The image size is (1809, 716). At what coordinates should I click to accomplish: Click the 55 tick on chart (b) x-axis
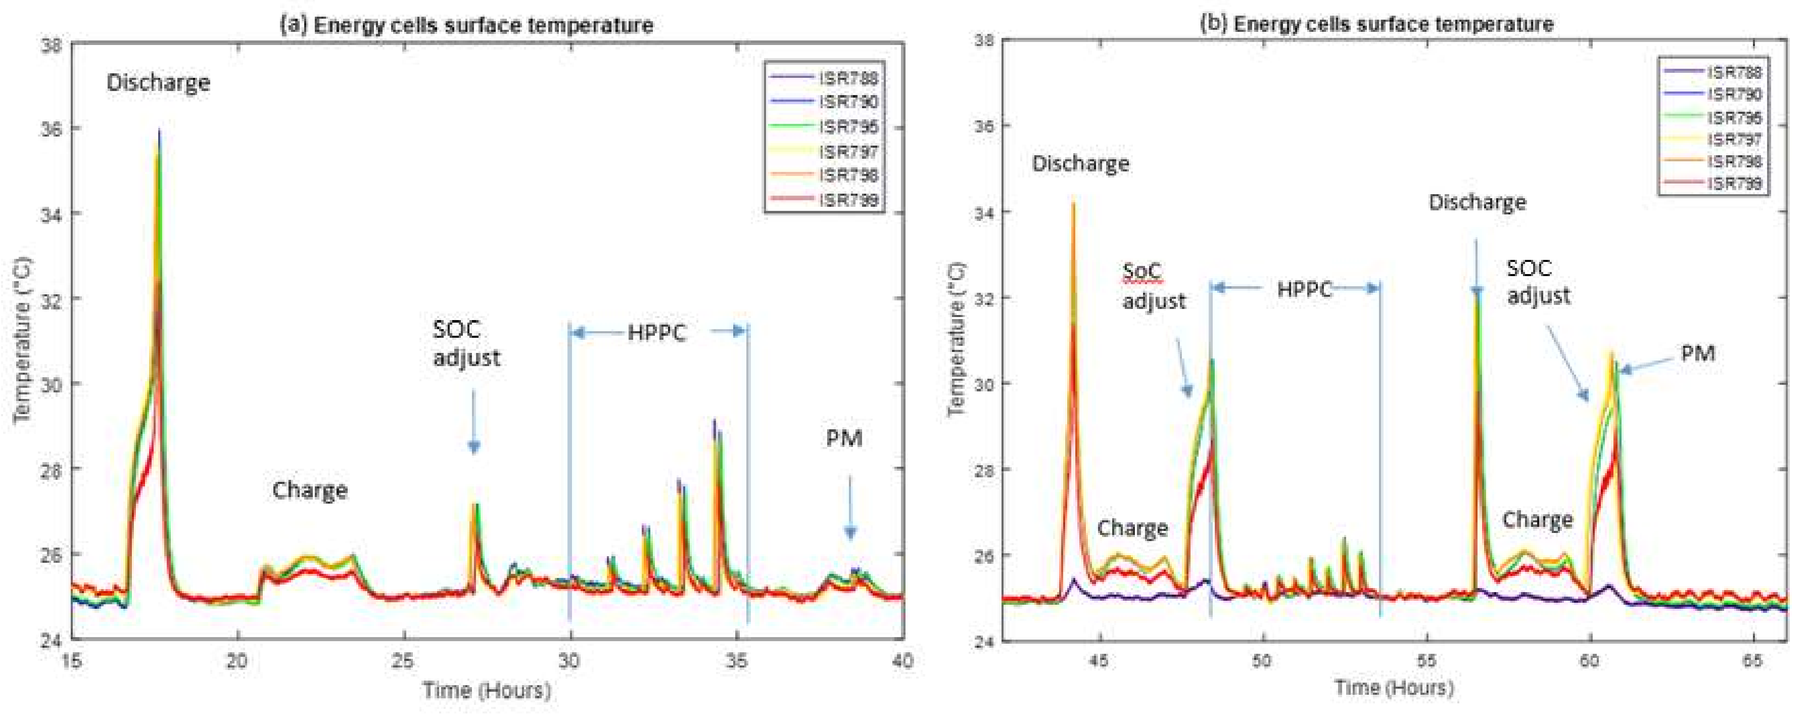(x=1426, y=661)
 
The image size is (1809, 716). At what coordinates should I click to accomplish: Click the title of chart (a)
(x=467, y=25)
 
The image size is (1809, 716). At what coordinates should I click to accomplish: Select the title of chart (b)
(x=1376, y=24)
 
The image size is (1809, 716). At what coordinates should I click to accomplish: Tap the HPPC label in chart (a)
(x=656, y=332)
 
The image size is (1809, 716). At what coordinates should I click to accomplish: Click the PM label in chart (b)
(x=1697, y=353)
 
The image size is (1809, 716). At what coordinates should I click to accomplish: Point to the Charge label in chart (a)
(x=310, y=490)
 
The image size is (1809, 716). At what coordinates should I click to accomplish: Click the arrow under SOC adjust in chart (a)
(x=473, y=422)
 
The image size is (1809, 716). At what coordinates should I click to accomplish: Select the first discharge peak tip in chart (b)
(x=1073, y=204)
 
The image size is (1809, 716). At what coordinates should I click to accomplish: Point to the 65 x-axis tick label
(x=1753, y=661)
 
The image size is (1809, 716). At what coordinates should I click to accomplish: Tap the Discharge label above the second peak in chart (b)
(x=1477, y=202)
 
